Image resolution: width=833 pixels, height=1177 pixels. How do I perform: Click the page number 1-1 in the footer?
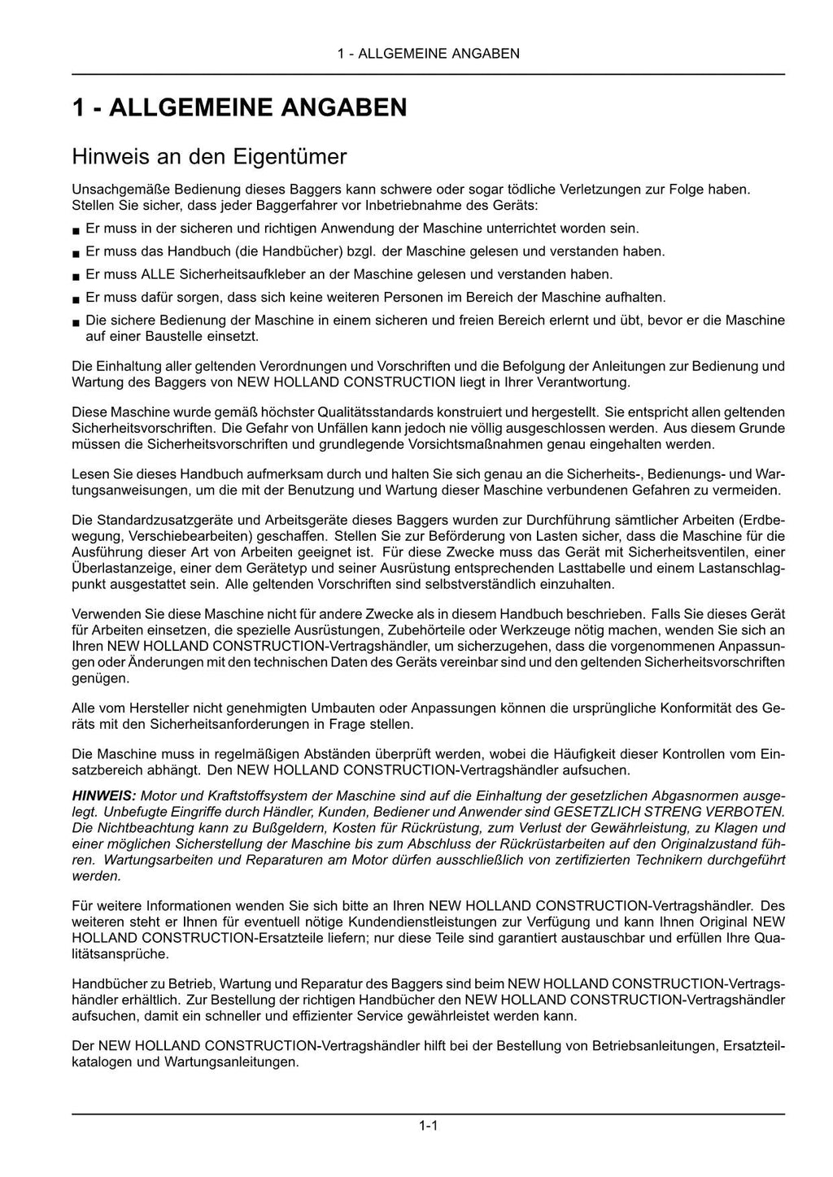click(429, 1126)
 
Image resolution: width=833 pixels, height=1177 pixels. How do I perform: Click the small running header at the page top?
click(429, 54)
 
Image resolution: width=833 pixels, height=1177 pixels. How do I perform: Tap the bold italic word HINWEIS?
click(103, 796)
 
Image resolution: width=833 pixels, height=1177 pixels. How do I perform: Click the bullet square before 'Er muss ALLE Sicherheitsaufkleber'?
click(76, 277)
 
